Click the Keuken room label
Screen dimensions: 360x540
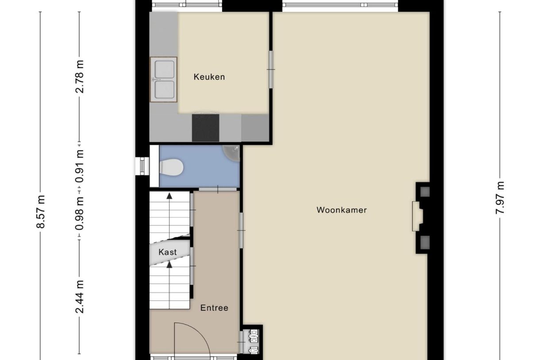209,77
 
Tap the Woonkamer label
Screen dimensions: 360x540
341,210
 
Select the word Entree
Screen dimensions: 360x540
214,308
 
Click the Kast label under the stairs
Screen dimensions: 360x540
168,252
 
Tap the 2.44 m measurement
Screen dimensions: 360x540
80,296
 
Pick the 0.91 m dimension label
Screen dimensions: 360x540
80,167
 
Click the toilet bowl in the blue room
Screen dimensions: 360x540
172,167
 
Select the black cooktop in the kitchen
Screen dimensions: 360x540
205,128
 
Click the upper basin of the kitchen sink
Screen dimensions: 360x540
164,69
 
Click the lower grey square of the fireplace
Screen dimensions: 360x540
424,241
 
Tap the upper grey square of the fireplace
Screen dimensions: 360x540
424,192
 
